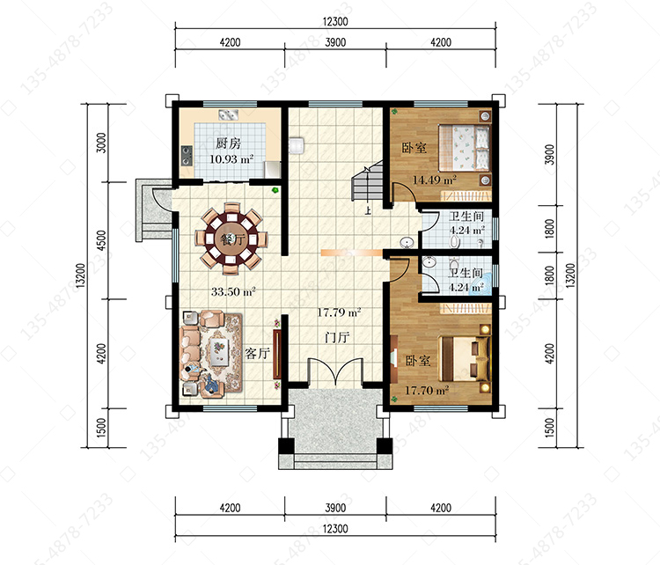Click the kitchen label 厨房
[228, 143]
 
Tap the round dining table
[231, 238]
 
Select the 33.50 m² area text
[233, 291]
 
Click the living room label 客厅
[257, 353]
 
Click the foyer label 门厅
[337, 337]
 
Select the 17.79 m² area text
[339, 312]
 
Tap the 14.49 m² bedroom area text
[435, 180]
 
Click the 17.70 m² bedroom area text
[427, 390]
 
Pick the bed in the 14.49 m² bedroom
[464, 147]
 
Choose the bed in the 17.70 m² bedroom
[465, 358]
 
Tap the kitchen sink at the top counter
[228, 114]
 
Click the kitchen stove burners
[187, 156]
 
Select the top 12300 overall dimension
[335, 21]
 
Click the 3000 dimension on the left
[101, 143]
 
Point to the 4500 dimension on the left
[101, 240]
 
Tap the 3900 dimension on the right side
[549, 155]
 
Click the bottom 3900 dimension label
[335, 508]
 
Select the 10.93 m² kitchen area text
[231, 159]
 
